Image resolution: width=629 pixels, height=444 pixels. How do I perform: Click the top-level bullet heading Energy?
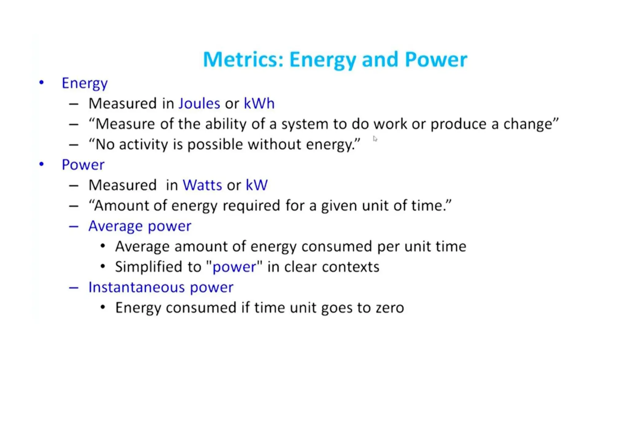[84, 83]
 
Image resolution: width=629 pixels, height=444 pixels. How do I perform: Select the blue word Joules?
[199, 103]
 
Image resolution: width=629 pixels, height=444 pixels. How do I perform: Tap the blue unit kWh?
[259, 103]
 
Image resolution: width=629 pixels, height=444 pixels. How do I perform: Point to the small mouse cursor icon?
[375, 139]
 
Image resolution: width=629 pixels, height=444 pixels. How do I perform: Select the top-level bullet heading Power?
[83, 165]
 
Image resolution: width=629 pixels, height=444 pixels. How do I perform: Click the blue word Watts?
[202, 185]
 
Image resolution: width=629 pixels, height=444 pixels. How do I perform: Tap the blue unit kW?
[256, 185]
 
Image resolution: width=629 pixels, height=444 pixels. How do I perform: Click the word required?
[251, 206]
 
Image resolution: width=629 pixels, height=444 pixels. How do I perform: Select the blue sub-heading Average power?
[140, 226]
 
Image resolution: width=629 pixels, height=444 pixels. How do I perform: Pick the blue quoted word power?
[234, 267]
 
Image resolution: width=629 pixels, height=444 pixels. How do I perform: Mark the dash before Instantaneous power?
[74, 288]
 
